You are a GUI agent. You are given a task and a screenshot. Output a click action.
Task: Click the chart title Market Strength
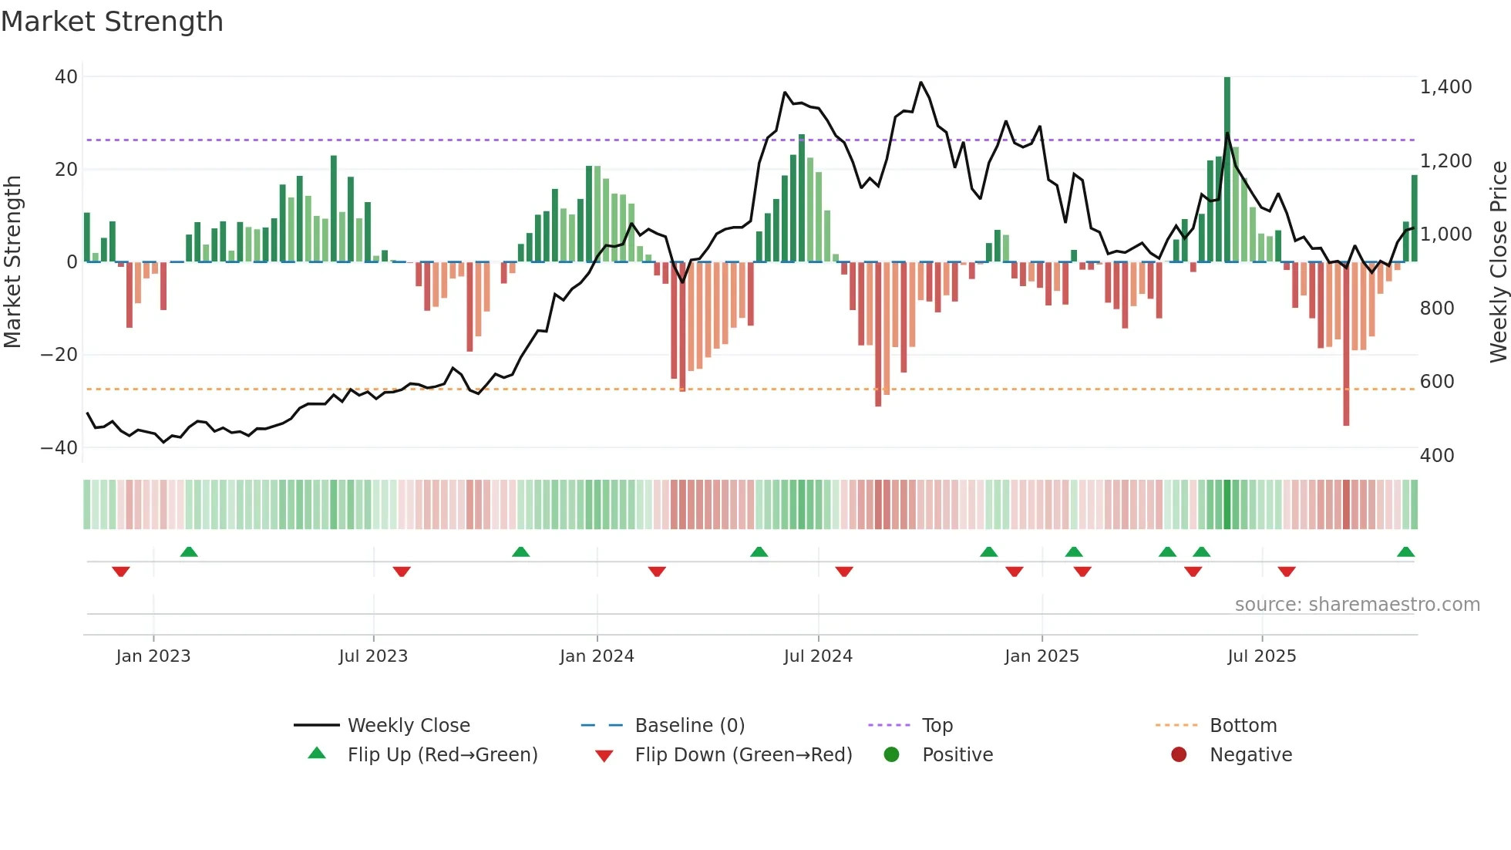(x=112, y=22)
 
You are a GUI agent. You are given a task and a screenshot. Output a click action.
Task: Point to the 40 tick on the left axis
(x=66, y=77)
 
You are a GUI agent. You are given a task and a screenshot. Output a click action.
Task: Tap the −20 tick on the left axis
(x=59, y=355)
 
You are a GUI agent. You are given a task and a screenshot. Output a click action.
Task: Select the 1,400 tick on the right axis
(x=1445, y=87)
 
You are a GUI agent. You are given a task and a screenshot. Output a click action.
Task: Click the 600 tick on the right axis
(x=1436, y=382)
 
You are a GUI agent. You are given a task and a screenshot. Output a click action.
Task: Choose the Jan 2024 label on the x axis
(x=597, y=656)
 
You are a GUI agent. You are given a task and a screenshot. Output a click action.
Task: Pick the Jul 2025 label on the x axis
(x=1261, y=656)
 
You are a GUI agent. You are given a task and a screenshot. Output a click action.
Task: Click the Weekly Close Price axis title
(x=1498, y=262)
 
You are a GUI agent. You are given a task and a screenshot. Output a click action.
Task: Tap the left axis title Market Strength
(x=13, y=262)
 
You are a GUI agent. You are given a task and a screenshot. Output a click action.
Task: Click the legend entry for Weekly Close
(x=408, y=726)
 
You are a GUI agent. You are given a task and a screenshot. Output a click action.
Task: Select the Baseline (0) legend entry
(x=689, y=726)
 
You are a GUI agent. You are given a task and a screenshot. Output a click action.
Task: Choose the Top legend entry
(x=937, y=726)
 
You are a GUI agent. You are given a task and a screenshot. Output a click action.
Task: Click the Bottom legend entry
(x=1243, y=726)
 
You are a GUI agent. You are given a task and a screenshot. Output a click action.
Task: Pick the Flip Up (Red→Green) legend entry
(x=442, y=755)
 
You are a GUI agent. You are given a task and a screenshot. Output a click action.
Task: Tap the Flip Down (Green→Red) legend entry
(x=742, y=755)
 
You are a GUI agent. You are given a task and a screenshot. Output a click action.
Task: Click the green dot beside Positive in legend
(x=892, y=755)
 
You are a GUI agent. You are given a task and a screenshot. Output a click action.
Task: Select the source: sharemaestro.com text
(x=1357, y=605)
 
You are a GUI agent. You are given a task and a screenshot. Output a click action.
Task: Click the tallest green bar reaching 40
(x=1227, y=170)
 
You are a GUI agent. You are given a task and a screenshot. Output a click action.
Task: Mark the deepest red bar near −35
(x=1346, y=347)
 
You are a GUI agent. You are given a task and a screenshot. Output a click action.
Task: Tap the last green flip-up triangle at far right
(x=1405, y=552)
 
